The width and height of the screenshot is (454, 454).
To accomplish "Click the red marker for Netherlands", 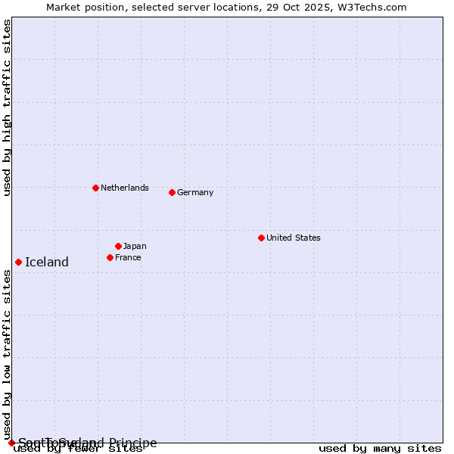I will tap(95, 188).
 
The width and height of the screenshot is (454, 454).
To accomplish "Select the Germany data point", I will tap(172, 192).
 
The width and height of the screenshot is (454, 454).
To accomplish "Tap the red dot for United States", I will tap(261, 238).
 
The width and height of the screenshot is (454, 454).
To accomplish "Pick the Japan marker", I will tap(118, 246).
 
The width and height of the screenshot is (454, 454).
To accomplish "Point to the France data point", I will tap(110, 257).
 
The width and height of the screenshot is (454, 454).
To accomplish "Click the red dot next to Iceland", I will tap(18, 262).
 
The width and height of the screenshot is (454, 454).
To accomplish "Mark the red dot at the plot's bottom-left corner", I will tap(11, 443).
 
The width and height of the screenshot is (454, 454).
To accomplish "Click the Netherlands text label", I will tap(124, 188).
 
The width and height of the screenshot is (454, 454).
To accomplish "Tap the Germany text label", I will tap(195, 192).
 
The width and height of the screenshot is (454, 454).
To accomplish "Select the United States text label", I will tap(293, 238).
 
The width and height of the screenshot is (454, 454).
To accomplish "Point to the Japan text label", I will tap(135, 246).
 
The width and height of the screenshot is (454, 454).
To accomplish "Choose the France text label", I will tap(128, 257).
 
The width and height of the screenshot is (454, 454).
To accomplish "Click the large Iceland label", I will tap(47, 263).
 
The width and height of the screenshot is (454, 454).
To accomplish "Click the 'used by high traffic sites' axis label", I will tap(8, 107).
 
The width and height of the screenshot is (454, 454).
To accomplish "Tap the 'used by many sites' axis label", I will tap(380, 449).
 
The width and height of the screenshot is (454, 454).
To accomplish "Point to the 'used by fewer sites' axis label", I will tap(79, 449).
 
